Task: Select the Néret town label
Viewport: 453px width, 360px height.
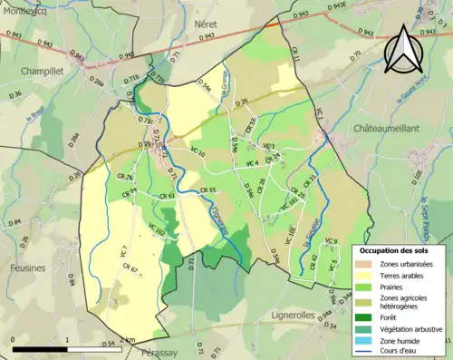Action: pos(207,25)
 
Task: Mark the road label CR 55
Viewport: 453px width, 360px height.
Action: pos(207,190)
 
